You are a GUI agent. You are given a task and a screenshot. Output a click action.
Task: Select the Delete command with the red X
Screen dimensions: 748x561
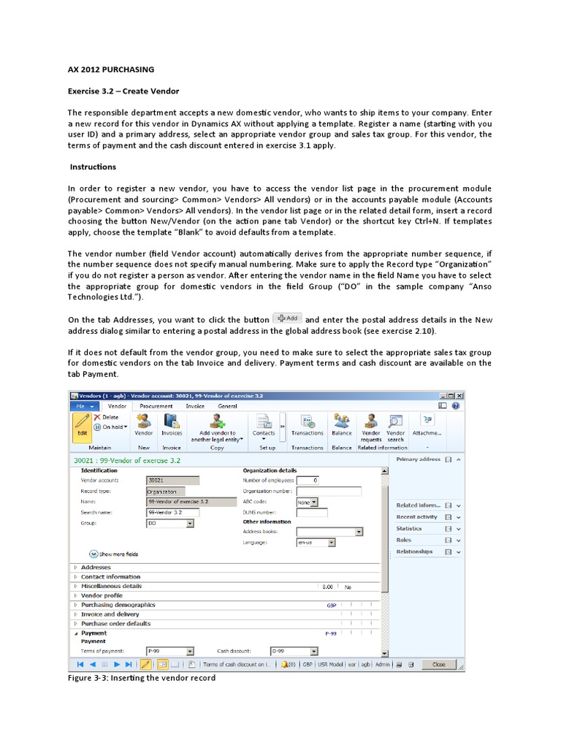(106, 417)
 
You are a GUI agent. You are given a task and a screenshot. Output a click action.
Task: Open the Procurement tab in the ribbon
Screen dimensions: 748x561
(156, 406)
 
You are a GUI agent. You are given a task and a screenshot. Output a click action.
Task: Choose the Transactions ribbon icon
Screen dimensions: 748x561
(307, 424)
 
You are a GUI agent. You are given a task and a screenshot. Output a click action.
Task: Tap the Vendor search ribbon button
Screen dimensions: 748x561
(395, 425)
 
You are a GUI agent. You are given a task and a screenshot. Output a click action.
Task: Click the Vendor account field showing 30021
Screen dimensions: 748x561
(172, 481)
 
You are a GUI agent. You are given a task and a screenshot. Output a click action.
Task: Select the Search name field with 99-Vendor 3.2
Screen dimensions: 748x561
(172, 513)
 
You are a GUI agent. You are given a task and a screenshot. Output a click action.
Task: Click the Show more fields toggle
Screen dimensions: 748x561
(113, 554)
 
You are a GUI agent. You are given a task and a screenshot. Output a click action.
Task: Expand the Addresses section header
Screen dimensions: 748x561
(96, 567)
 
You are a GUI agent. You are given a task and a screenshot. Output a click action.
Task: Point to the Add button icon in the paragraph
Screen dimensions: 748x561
(286, 318)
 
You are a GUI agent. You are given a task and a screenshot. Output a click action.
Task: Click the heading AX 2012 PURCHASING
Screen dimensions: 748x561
(111, 69)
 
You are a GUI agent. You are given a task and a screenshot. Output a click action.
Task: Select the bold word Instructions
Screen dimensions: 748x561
(93, 167)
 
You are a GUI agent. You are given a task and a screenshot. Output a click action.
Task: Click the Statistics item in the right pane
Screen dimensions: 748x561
(409, 528)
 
